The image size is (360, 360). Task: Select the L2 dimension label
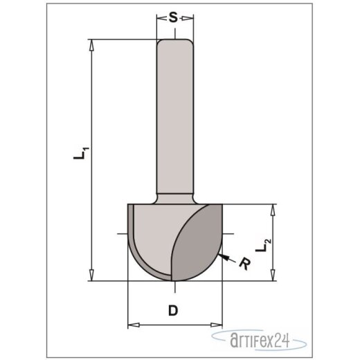tap(261, 244)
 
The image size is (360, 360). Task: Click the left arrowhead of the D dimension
tap(133, 324)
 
